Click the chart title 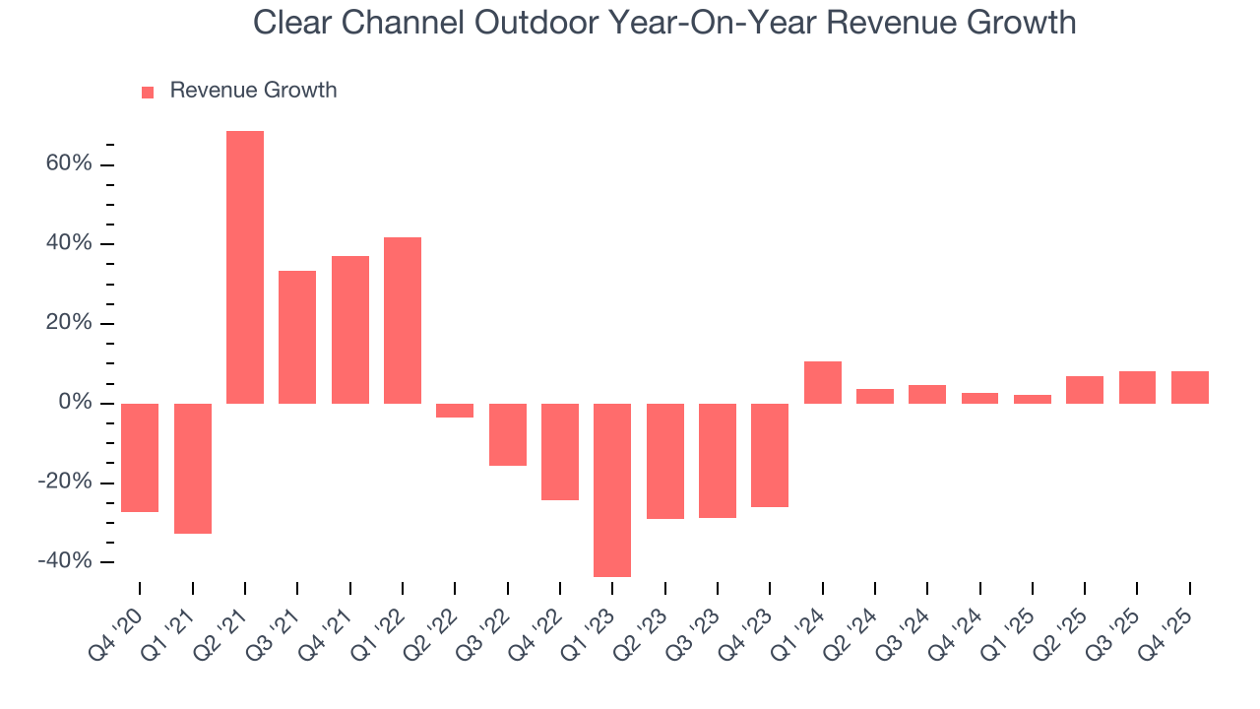click(664, 23)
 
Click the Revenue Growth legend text click(253, 91)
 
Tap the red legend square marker click(148, 92)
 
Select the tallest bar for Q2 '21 click(245, 267)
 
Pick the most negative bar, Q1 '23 click(612, 489)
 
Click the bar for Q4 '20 click(140, 457)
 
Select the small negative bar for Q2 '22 click(455, 410)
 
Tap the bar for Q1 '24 click(822, 382)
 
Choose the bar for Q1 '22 click(403, 320)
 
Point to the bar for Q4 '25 click(1189, 387)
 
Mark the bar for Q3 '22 click(507, 434)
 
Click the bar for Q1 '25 click(1033, 399)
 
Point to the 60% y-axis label click(69, 163)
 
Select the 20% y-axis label click(69, 323)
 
